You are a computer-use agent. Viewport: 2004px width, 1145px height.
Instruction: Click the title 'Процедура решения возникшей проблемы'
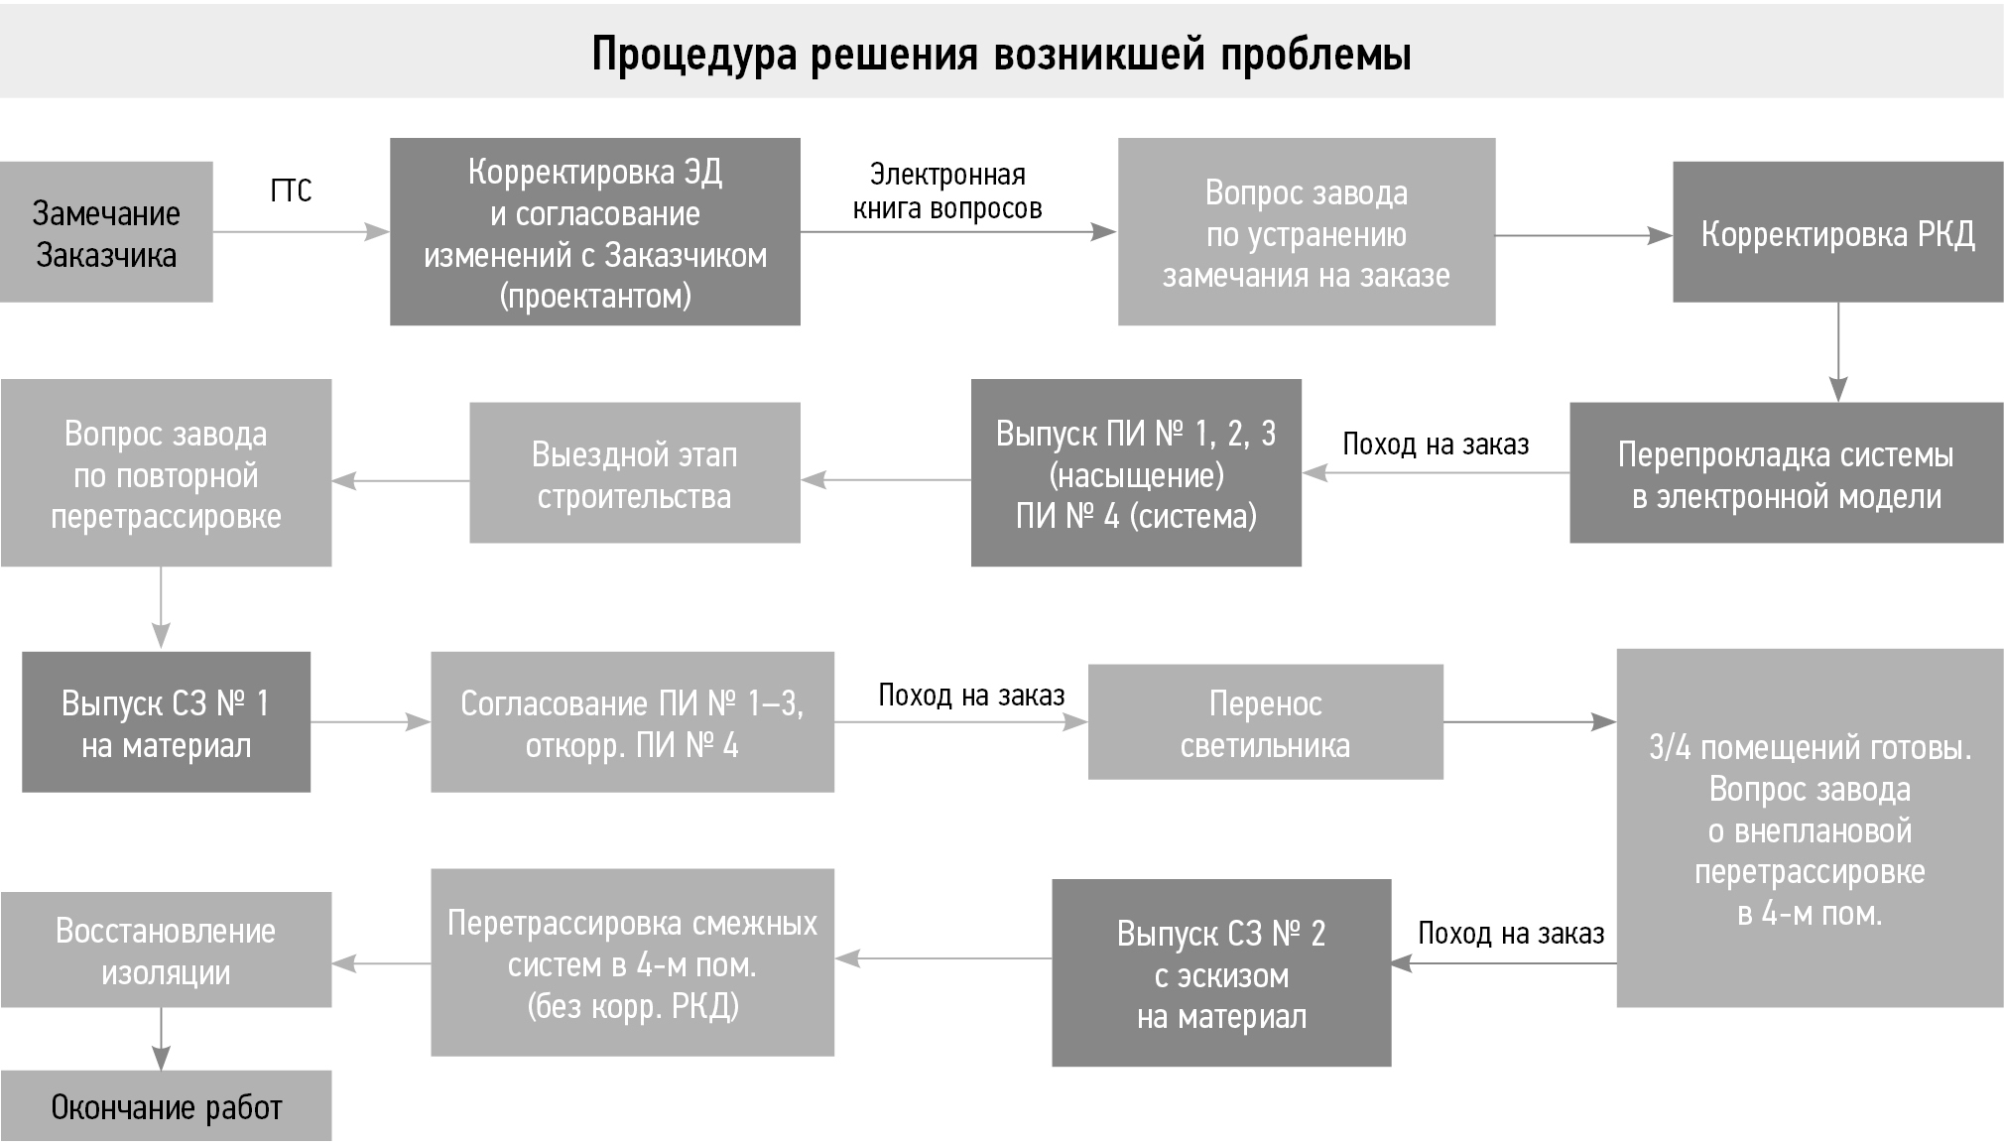[x=1001, y=54]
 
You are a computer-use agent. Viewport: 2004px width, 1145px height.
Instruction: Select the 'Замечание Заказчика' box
[x=106, y=232]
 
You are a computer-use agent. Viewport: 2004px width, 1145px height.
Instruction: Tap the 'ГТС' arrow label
[x=291, y=191]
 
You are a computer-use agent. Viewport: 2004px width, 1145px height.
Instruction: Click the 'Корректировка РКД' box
[x=1837, y=233]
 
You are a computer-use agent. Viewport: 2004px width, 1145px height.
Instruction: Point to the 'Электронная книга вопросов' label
[x=947, y=191]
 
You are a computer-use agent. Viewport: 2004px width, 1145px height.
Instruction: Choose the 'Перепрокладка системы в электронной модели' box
[x=1786, y=473]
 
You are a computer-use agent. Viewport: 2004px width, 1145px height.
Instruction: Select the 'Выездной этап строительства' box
[x=634, y=473]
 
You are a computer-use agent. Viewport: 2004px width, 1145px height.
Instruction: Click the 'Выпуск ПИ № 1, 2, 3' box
[x=1136, y=473]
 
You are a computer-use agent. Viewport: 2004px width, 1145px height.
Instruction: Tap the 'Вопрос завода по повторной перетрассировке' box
[x=166, y=473]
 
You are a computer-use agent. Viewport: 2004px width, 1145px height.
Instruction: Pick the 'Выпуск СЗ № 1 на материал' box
[x=166, y=722]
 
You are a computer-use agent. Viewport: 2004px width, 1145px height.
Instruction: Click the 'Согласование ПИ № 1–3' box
[x=632, y=722]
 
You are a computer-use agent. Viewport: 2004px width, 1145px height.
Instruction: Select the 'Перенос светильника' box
[x=1265, y=722]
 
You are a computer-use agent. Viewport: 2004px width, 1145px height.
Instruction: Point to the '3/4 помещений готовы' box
[x=1810, y=828]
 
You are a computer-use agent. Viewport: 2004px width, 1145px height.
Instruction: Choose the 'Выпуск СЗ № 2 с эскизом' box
[x=1221, y=973]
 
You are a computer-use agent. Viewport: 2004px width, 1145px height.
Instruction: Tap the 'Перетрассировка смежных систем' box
[x=632, y=962]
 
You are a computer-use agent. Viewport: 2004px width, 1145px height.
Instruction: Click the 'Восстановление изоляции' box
[x=166, y=951]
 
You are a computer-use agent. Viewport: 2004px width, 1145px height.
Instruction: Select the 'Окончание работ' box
[x=166, y=1106]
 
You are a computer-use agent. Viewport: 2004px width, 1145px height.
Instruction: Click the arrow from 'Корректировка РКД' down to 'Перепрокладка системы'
[x=1838, y=352]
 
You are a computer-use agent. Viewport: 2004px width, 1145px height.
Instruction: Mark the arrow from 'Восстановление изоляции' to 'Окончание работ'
[x=161, y=1039]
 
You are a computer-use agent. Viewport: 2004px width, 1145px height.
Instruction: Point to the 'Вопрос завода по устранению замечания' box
[x=1306, y=232]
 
